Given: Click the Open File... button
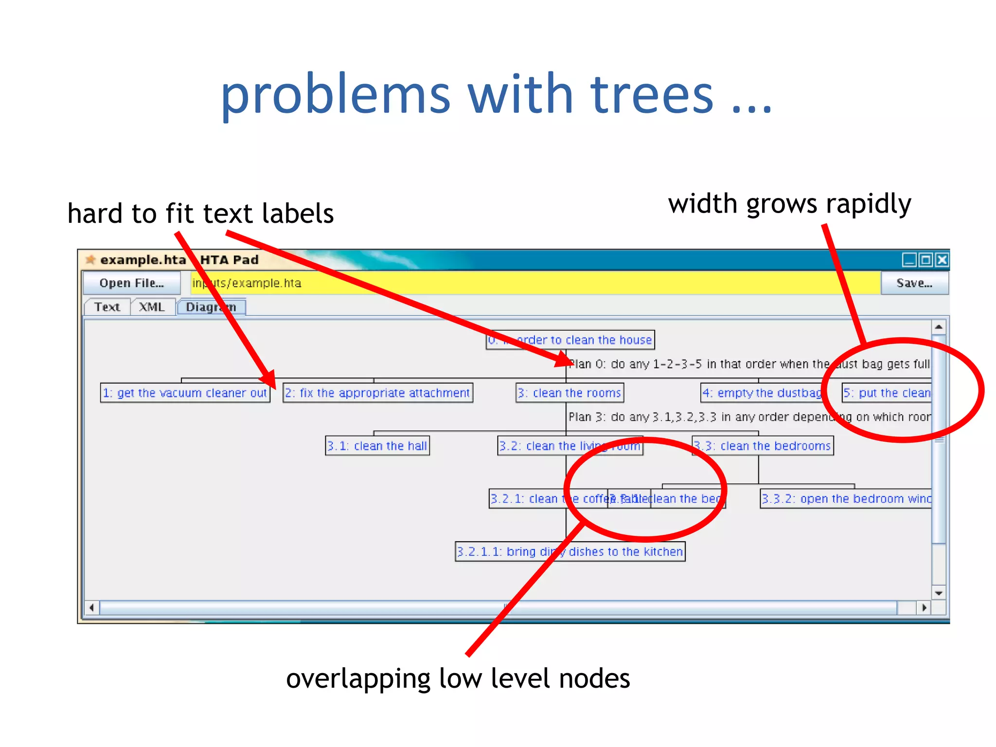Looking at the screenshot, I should pos(131,283).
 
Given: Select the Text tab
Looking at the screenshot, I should pos(107,307).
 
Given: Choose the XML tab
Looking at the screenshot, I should pos(152,307).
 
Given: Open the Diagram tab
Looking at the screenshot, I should pos(211,307).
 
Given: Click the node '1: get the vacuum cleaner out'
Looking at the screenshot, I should pos(185,393).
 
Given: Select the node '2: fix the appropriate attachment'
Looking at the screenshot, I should pos(377,393).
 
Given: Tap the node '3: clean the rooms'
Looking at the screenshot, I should pos(569,393).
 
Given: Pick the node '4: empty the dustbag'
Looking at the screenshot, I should pos(762,393).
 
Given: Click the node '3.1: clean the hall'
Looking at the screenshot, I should pos(377,446).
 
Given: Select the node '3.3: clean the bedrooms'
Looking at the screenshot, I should pos(762,446).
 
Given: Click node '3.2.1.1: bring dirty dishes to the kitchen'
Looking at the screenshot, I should pos(570,552).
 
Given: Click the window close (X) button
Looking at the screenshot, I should pos(942,260).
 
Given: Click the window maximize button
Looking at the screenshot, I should pos(926,260).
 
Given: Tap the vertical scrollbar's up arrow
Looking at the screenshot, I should pos(939,327).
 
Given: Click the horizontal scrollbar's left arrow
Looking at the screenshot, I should pos(92,607).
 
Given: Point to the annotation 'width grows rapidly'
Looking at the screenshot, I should pos(789,203).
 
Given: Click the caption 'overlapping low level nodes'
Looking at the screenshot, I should pos(458,678).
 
